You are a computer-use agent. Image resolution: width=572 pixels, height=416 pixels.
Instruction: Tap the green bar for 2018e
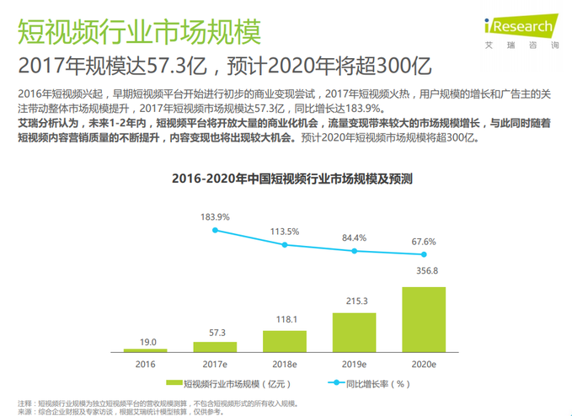point(284,340)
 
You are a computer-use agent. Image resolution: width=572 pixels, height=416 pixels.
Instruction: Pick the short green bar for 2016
point(145,349)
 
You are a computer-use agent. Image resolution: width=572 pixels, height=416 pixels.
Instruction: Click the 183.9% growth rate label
point(215,216)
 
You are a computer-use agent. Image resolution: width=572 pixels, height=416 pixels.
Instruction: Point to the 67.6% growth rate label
point(423,242)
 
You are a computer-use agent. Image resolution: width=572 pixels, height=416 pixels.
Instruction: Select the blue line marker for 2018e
point(284,245)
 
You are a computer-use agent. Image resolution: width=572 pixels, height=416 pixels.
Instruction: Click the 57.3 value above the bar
point(215,333)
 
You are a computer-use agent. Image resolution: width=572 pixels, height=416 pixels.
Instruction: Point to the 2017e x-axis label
point(215,364)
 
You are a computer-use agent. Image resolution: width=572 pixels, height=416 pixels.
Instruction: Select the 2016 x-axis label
point(145,364)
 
